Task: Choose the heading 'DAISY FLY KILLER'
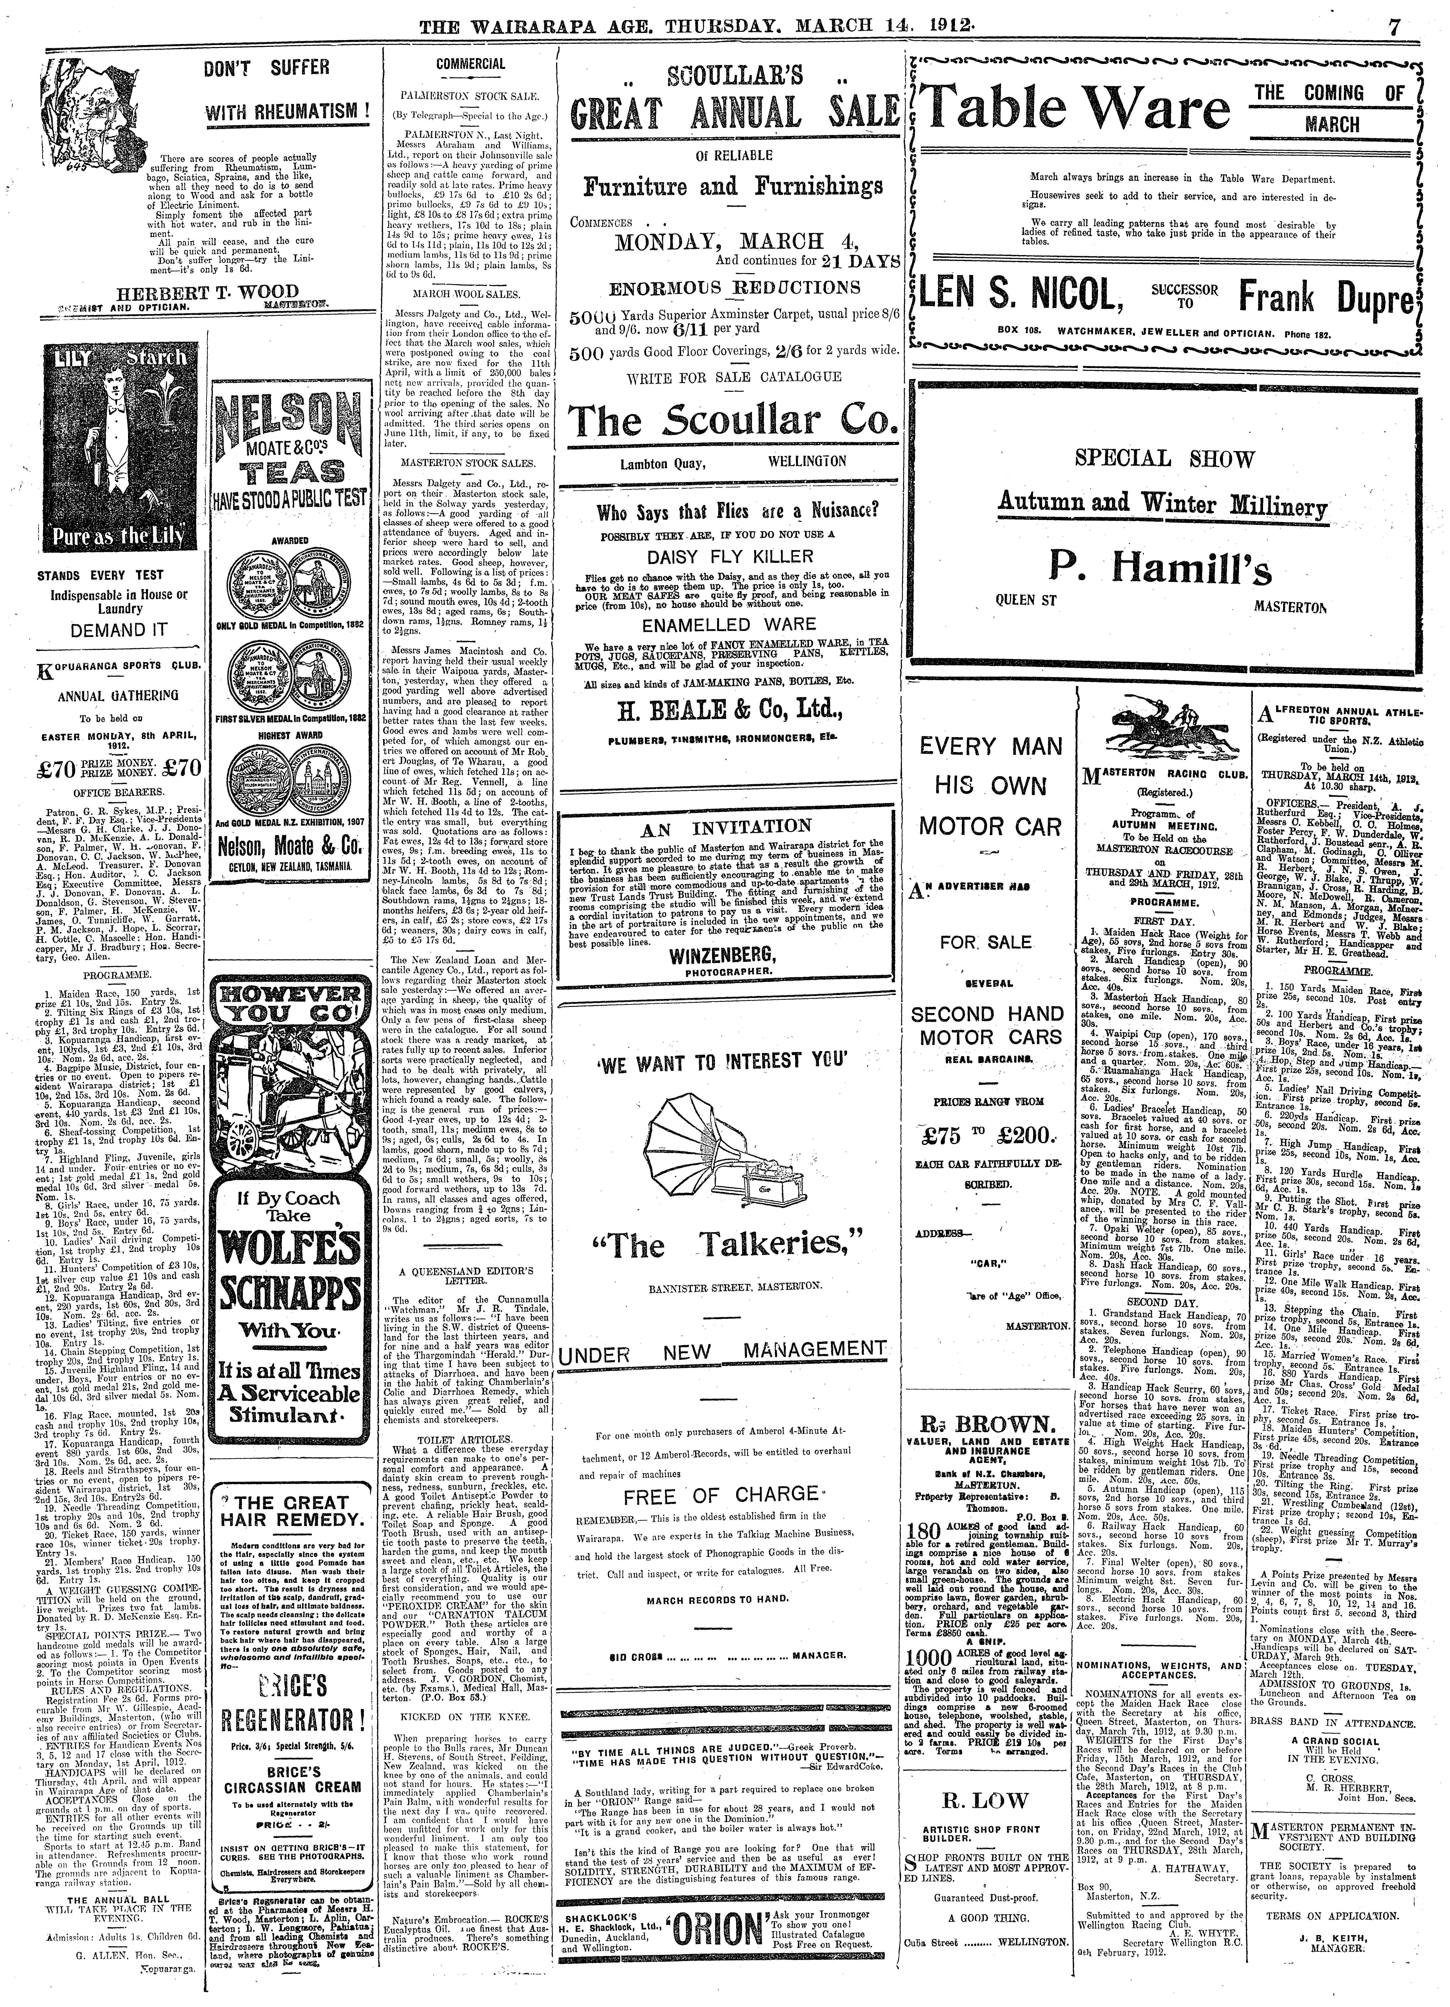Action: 730,556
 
